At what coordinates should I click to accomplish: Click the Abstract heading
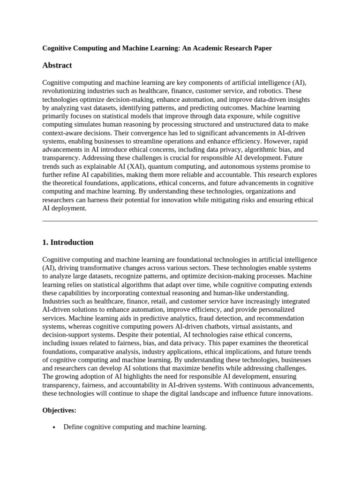pyautogui.click(x=57, y=65)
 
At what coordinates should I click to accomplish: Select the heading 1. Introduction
pyautogui.click(x=68, y=242)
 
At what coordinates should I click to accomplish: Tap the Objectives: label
pyautogui.click(x=59, y=410)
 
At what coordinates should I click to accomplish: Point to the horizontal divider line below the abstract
pyautogui.click(x=180, y=221)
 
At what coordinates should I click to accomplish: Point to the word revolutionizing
pyautogui.click(x=65, y=90)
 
